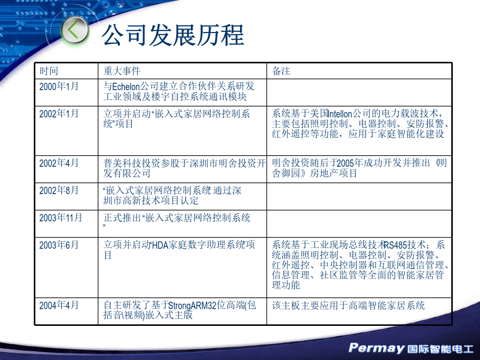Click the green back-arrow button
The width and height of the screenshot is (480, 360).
click(74, 30)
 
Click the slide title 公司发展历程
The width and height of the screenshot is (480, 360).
click(173, 35)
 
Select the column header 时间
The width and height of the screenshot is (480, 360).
click(49, 71)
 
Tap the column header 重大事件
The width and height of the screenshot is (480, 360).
click(122, 71)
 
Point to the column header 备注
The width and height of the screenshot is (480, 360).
click(281, 71)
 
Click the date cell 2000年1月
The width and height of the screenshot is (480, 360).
click(59, 86)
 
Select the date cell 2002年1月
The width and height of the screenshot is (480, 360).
click(59, 114)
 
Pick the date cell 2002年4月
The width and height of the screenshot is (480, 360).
click(59, 163)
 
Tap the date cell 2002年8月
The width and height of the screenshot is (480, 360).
click(59, 190)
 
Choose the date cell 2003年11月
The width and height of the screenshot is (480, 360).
click(61, 218)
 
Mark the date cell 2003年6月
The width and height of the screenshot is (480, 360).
click(59, 245)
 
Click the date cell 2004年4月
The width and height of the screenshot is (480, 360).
click(59, 305)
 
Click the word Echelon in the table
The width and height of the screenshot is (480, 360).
click(126, 86)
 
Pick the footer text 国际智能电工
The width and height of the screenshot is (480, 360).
click(441, 349)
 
